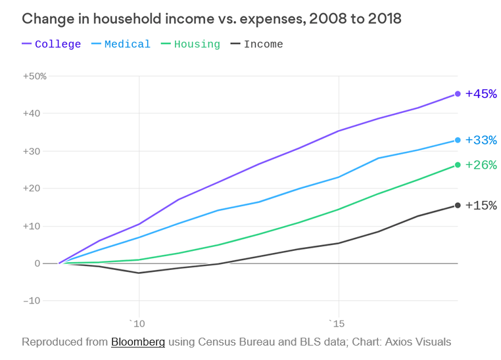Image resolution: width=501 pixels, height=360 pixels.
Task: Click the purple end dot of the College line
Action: [458, 94]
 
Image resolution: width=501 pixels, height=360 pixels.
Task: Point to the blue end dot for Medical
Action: [458, 140]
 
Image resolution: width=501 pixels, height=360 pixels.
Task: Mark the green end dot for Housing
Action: [458, 165]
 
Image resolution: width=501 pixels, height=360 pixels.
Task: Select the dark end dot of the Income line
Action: [458, 206]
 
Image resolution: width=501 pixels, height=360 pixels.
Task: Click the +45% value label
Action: [481, 94]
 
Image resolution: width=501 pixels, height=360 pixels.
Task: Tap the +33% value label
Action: [481, 140]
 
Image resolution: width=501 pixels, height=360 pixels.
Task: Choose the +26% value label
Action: [481, 165]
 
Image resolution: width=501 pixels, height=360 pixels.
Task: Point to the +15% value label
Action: [481, 206]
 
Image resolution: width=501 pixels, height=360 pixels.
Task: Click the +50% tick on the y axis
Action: [34, 76]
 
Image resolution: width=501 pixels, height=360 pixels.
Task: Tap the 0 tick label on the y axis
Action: [37, 263]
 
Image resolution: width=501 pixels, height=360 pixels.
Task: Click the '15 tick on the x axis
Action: [337, 323]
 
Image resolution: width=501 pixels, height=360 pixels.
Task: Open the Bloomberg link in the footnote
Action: [137, 342]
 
